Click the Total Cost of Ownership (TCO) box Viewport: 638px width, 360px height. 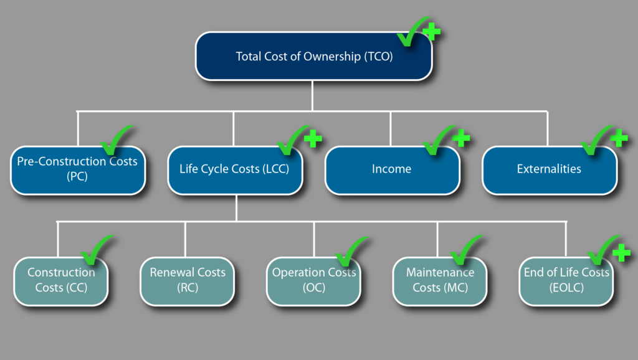[314, 56]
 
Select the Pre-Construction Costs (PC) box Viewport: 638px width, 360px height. [78, 171]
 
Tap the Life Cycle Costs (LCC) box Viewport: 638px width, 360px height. [235, 171]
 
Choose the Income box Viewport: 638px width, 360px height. [393, 171]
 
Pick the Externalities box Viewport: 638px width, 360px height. [550, 171]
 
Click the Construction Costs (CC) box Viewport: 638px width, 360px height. [61, 281]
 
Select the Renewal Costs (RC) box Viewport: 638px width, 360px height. [187, 281]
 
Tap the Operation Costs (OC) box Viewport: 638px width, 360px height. [314, 281]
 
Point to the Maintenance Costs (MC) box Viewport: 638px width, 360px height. [440, 281]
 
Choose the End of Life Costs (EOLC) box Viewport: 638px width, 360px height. [566, 281]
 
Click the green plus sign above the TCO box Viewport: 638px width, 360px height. [431, 32]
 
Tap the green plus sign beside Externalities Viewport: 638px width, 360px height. [619, 138]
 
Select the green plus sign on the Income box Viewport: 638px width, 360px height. [461, 138]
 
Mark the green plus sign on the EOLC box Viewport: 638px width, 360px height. [621, 253]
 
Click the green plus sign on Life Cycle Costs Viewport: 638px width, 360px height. [313, 138]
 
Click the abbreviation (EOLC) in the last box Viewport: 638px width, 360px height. [566, 288]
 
